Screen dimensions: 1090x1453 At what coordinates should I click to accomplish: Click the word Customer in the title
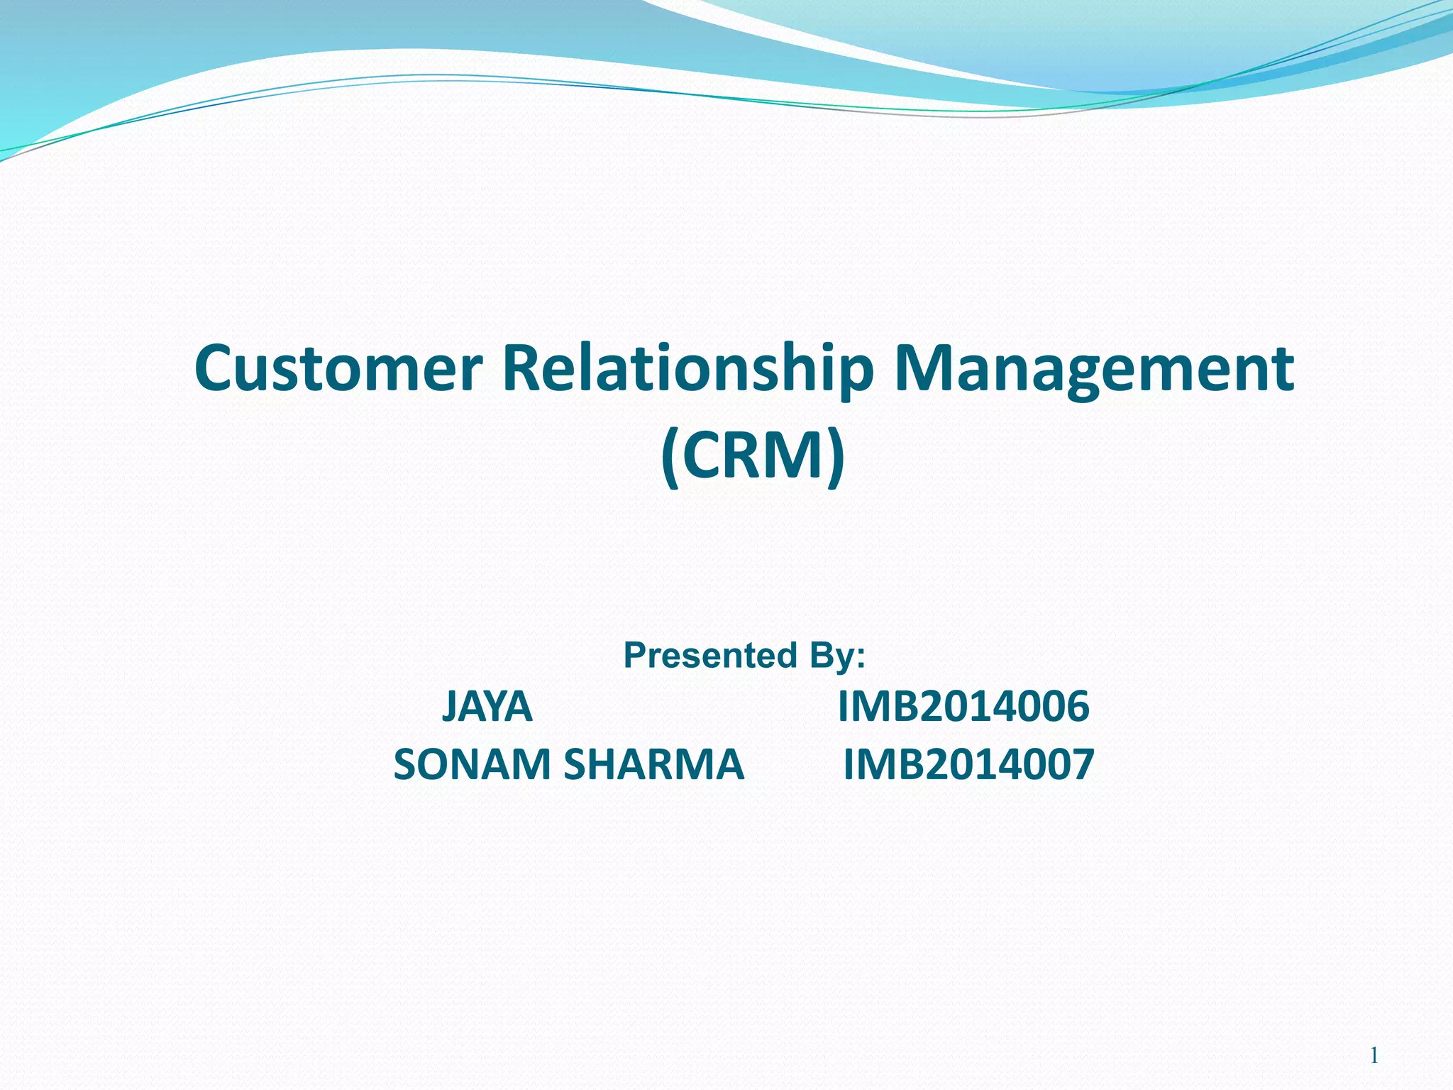(338, 369)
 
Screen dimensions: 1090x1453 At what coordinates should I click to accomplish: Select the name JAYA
(487, 707)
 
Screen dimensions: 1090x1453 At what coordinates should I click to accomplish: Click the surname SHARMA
(653, 765)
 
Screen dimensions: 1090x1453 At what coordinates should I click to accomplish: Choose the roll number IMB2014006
(963, 707)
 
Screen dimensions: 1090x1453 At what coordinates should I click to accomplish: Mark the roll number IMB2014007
(968, 765)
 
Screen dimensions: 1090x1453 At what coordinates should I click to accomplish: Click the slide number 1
(1374, 1056)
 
